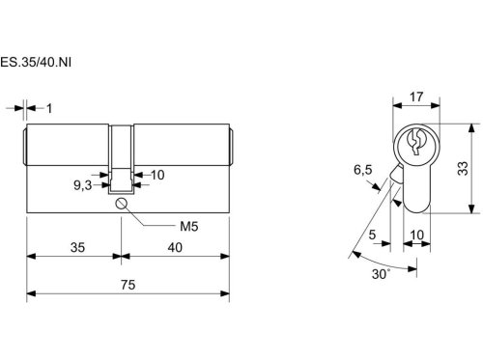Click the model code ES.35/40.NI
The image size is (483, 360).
36,62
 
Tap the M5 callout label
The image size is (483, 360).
188,227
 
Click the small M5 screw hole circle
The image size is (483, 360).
121,204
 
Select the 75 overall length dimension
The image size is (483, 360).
128,285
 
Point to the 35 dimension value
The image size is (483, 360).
77,247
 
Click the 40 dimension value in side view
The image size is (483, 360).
175,247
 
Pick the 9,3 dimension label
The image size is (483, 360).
83,185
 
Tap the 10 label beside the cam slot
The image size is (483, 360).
157,175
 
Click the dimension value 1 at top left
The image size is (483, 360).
49,109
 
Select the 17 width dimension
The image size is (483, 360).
416,97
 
